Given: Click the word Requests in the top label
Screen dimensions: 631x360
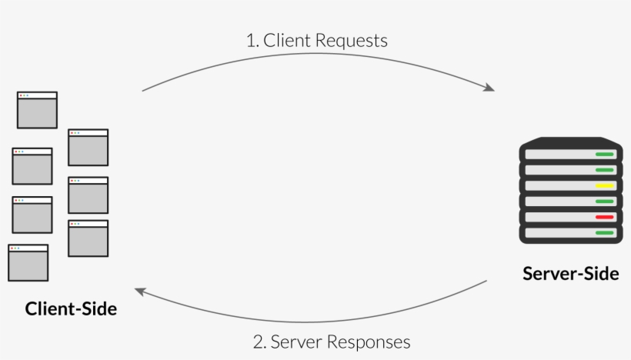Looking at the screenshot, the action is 351,41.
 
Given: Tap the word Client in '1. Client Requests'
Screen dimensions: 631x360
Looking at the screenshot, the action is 287,40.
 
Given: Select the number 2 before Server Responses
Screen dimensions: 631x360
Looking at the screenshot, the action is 259,342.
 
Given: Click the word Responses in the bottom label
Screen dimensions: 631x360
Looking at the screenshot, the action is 369,343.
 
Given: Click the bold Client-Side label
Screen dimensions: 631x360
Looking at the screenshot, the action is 71,309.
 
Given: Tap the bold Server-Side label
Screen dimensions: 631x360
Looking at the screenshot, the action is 571,274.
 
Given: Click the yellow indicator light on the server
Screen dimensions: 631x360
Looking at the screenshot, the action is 604,186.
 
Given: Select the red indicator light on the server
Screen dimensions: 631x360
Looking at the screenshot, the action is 604,217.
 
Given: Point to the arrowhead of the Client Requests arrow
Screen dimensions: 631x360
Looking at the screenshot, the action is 489,87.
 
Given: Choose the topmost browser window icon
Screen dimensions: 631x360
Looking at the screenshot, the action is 37,110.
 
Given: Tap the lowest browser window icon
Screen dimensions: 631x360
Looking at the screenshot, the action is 28,262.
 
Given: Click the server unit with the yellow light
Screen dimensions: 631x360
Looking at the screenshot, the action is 571,186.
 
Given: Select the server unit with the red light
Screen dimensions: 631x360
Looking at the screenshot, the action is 571,217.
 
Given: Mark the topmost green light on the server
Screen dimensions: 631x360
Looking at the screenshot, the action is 604,155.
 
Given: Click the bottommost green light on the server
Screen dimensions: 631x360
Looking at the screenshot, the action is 604,233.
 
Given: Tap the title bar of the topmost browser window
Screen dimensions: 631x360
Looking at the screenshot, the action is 37,95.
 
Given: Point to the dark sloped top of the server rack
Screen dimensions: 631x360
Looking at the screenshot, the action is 571,142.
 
